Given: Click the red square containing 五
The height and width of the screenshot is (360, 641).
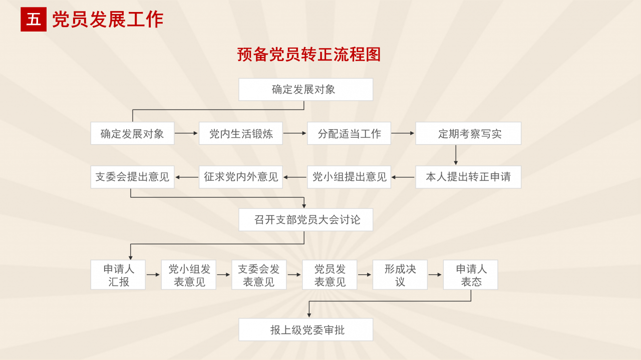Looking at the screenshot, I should click(33, 20).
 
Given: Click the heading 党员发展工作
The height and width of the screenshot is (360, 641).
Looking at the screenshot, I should click(108, 20).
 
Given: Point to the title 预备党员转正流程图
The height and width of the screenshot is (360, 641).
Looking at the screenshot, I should click(309, 55).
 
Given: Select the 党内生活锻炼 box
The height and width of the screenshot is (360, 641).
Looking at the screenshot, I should click(240, 134).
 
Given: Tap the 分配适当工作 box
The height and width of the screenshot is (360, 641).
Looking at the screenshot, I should click(349, 134).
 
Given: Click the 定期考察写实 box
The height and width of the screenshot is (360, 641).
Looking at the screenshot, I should click(468, 134).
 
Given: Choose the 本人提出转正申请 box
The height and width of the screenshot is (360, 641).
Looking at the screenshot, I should click(468, 177).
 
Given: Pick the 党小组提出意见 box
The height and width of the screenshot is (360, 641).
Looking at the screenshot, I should click(349, 177).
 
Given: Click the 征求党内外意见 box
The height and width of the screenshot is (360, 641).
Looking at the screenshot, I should click(240, 177).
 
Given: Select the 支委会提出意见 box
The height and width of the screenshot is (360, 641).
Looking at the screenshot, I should click(132, 177).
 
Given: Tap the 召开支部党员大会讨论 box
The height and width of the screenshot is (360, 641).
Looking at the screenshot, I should click(305, 220).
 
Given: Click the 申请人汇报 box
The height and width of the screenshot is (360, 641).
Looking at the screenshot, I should click(118, 275).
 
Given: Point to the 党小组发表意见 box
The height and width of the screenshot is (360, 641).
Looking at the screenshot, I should click(189, 275).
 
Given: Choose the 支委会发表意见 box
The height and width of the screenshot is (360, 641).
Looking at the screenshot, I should click(259, 275).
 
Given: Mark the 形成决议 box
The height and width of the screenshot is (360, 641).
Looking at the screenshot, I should click(400, 275).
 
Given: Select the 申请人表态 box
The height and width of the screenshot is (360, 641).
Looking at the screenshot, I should click(470, 275).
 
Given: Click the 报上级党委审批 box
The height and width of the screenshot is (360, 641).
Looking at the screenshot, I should click(305, 330).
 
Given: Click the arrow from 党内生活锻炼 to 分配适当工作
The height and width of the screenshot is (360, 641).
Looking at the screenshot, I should click(294, 133).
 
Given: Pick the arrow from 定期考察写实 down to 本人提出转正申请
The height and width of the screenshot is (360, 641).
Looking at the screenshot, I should click(456, 155).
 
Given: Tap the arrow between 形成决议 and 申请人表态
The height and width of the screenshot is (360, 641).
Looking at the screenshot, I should click(435, 274).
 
